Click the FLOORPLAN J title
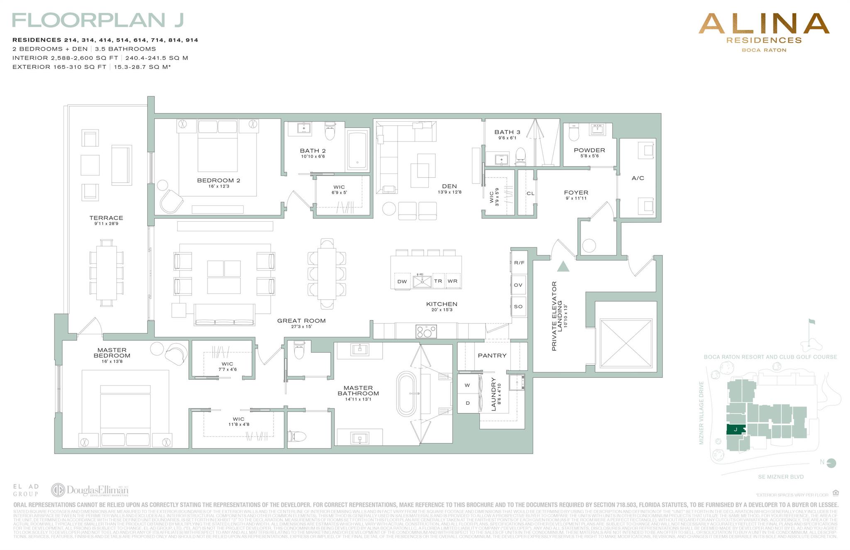[98, 20]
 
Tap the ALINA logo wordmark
[764, 24]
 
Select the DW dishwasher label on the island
[402, 281]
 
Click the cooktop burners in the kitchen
[426, 331]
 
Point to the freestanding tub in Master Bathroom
[406, 394]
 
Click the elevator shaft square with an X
[625, 343]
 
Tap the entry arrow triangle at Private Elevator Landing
[563, 266]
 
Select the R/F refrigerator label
[519, 263]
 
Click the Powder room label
[589, 150]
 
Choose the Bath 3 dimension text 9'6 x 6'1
[507, 138]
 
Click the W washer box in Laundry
[467, 385]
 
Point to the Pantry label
[492, 356]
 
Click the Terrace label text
[106, 218]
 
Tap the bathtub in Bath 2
[357, 151]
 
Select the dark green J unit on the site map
[735, 430]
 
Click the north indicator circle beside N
[831, 463]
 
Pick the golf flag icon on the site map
[811, 322]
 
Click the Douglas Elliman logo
[90, 490]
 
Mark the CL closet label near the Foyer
[530, 193]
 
